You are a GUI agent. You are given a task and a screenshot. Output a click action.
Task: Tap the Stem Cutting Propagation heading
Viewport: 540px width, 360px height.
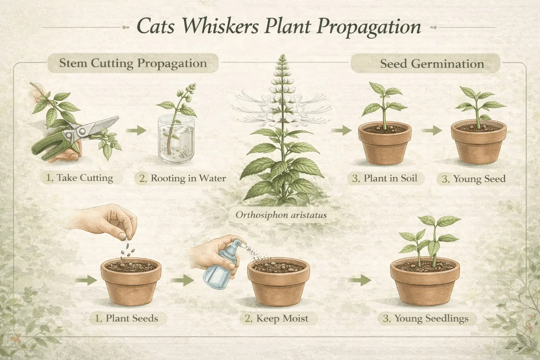click(x=133, y=64)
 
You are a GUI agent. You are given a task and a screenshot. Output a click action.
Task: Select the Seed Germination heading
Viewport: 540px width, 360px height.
click(x=432, y=64)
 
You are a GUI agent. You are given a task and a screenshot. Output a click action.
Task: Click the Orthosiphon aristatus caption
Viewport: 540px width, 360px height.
click(x=281, y=214)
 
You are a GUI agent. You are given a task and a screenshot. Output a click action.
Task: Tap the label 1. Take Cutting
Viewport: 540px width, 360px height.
click(x=80, y=178)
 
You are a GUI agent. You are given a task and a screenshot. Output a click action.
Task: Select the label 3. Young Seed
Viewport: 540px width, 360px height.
click(x=474, y=179)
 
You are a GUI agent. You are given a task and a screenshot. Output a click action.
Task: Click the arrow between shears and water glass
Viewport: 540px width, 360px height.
click(x=135, y=131)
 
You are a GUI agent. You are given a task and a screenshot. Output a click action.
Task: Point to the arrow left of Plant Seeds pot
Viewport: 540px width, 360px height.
click(x=86, y=280)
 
